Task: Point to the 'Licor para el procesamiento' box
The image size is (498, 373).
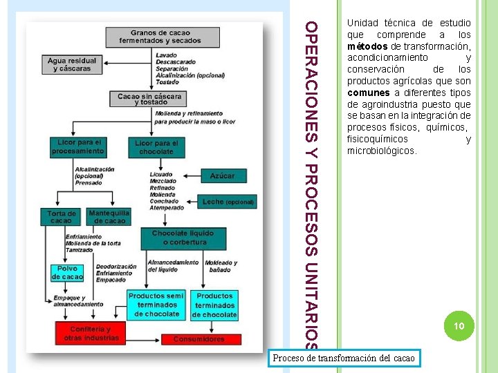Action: pyautogui.click(x=77, y=146)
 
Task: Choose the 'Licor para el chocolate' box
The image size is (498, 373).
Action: pyautogui.click(x=156, y=147)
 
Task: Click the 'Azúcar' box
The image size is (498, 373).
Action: pyautogui.click(x=222, y=176)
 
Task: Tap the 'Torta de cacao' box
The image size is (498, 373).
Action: pyautogui.click(x=61, y=216)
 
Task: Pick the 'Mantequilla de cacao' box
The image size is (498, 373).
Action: pyautogui.click(x=109, y=216)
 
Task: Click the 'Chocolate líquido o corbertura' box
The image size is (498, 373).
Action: pyautogui.click(x=183, y=237)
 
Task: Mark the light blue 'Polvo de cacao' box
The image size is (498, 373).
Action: pyautogui.click(x=67, y=273)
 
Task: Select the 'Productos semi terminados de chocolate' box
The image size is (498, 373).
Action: pyautogui.click(x=156, y=305)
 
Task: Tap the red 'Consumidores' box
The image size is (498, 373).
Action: pyautogui.click(x=199, y=339)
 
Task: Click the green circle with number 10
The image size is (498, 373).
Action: pyautogui.click(x=457, y=326)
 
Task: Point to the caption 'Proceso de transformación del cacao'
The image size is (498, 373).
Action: pyautogui.click(x=344, y=358)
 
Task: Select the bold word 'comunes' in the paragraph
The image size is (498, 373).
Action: pyautogui.click(x=369, y=93)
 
